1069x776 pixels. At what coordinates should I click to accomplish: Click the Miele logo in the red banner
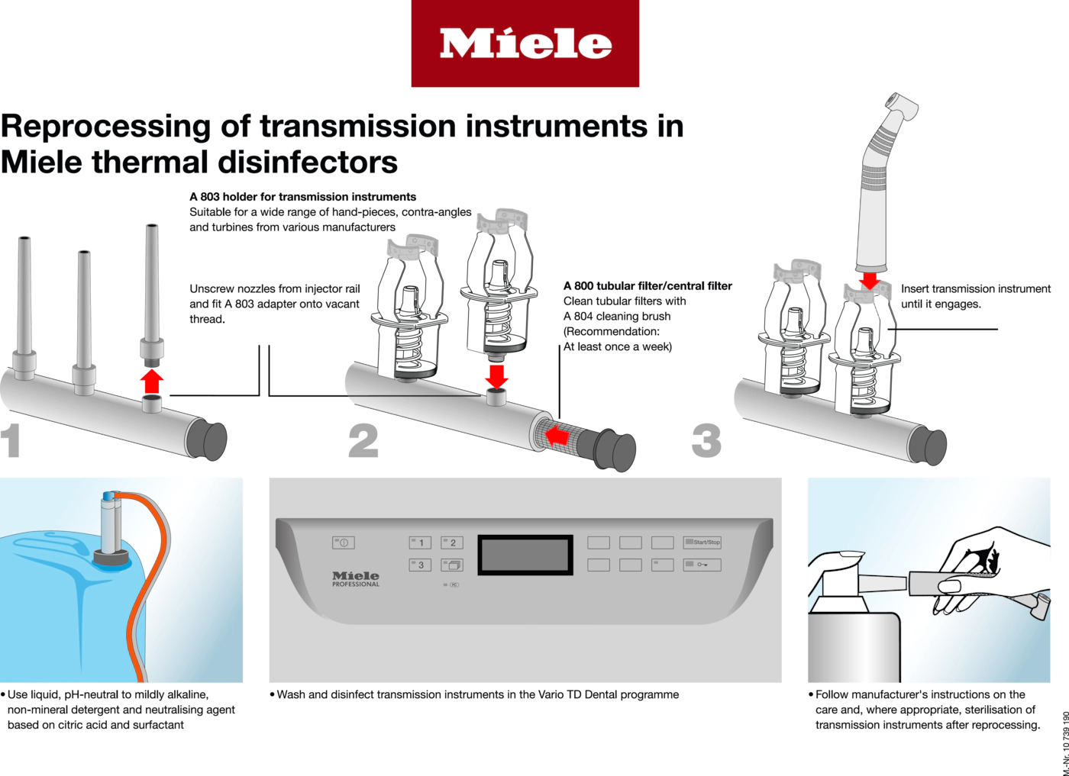click(x=525, y=43)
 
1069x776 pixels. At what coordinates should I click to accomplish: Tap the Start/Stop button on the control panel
click(x=702, y=543)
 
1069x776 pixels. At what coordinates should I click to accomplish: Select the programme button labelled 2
click(x=451, y=543)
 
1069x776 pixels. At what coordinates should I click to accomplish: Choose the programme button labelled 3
click(x=420, y=565)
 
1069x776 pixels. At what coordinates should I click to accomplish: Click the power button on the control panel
click(x=343, y=543)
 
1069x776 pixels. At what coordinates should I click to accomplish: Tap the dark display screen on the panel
click(x=525, y=555)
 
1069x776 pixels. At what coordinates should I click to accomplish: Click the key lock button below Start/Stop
click(x=702, y=565)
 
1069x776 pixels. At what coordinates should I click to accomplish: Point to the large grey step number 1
click(x=11, y=441)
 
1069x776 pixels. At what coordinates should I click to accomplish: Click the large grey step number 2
click(x=363, y=441)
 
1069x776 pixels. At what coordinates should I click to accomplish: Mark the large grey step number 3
click(x=706, y=441)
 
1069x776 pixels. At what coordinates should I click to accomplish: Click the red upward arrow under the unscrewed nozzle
click(x=152, y=382)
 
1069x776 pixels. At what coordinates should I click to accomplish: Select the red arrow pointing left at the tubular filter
click(x=557, y=436)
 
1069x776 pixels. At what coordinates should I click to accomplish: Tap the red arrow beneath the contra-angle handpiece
click(x=870, y=281)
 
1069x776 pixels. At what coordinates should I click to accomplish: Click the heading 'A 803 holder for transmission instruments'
click(x=302, y=197)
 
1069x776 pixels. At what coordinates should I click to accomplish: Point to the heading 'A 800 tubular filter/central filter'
click(x=648, y=285)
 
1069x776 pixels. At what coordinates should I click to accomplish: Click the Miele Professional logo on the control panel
click(x=356, y=579)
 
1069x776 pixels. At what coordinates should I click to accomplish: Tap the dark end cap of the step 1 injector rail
click(x=207, y=440)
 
